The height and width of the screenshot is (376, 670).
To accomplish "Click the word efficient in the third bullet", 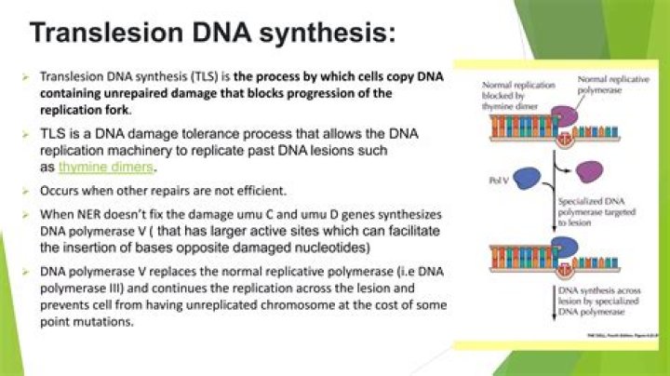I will tap(258, 192).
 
